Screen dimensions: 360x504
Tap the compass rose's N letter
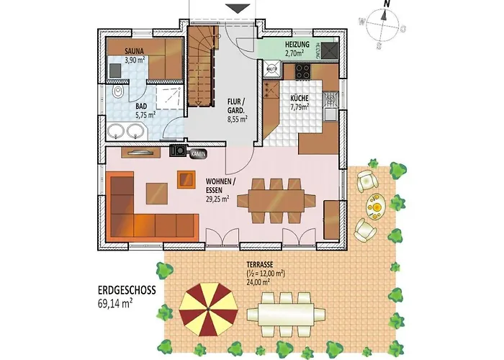tap(387, 4)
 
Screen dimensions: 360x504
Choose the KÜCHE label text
tap(300, 98)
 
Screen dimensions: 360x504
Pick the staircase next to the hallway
tap(202, 68)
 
